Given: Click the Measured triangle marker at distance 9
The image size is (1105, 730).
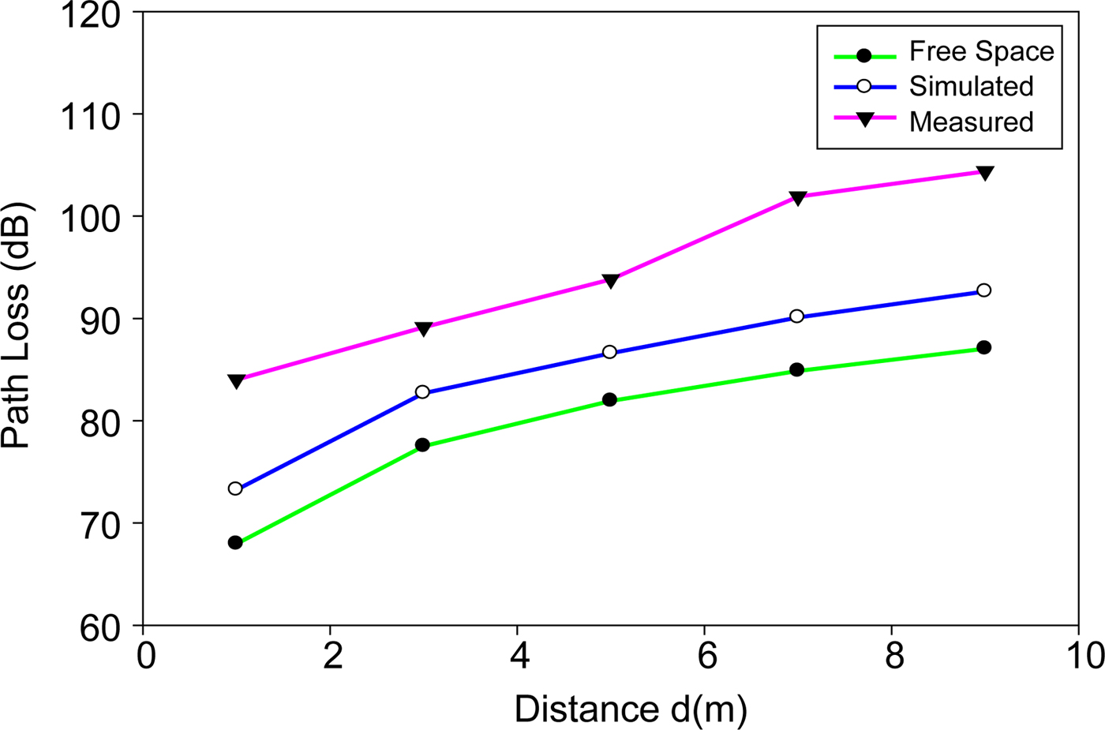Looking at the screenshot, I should (x=984, y=173).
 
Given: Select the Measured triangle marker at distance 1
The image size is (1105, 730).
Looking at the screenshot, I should (x=235, y=381).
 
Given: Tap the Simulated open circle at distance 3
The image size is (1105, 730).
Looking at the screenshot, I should (x=422, y=392).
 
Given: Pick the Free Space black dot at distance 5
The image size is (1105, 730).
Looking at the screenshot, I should (x=609, y=400).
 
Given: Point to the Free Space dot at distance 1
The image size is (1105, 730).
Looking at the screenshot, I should (x=235, y=543).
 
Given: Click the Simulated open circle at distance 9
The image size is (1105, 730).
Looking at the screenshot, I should (x=983, y=290).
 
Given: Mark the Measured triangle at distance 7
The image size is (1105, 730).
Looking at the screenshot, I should (x=797, y=197).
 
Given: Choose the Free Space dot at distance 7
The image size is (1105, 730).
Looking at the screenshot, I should (x=796, y=369).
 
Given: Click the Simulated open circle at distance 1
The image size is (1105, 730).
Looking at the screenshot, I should (x=235, y=489).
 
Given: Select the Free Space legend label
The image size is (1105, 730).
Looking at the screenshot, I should (x=981, y=51).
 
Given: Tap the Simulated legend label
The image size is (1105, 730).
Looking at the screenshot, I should (x=971, y=86).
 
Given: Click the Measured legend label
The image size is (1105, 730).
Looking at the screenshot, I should (x=971, y=122).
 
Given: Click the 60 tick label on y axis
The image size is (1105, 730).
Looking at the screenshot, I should (x=100, y=629).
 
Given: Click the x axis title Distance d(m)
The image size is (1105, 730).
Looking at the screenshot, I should (x=631, y=709).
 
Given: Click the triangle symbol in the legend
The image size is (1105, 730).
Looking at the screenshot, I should (x=864, y=119).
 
